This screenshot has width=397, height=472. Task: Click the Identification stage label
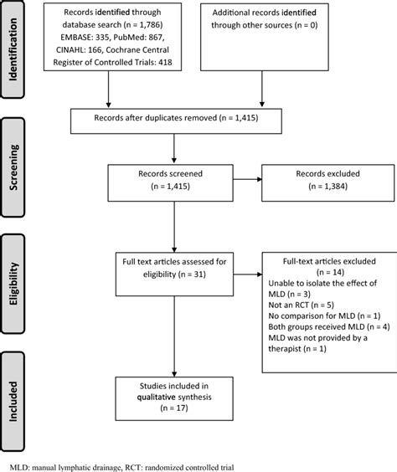(x=13, y=49)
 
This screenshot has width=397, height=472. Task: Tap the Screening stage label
(x=13, y=167)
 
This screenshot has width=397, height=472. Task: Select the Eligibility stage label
(x=13, y=284)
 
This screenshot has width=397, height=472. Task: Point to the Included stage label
(x=13, y=401)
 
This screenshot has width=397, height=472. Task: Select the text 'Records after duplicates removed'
(x=156, y=118)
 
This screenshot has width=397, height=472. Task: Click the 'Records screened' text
(x=171, y=174)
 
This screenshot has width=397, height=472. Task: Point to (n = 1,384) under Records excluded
(x=328, y=187)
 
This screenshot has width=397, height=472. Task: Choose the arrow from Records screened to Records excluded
(x=247, y=179)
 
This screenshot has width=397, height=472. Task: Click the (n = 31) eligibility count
(x=192, y=274)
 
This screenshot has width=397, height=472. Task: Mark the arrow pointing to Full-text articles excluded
(x=248, y=274)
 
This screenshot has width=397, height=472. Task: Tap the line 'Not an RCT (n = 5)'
(x=302, y=305)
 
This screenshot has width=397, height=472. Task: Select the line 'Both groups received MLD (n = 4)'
(x=329, y=326)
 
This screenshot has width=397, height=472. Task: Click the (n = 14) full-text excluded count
(x=330, y=272)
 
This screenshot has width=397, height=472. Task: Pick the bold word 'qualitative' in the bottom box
(x=157, y=397)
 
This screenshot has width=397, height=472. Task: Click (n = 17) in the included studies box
(x=174, y=408)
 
